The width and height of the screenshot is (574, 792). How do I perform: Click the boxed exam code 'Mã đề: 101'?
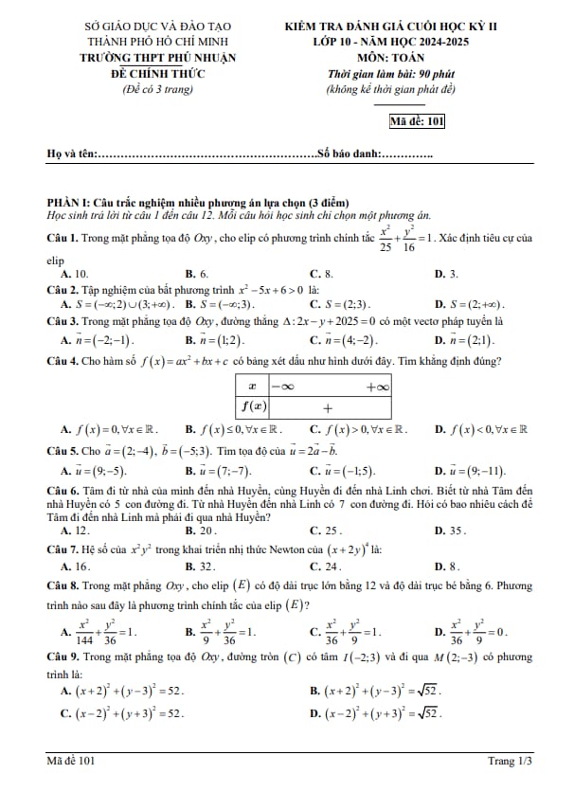pyautogui.click(x=417, y=120)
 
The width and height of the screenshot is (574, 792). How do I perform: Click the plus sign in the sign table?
pyautogui.click(x=327, y=407)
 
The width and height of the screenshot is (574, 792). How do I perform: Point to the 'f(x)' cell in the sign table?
pyautogui.click(x=251, y=407)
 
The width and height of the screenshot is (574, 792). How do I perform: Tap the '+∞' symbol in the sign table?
pyautogui.click(x=378, y=387)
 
